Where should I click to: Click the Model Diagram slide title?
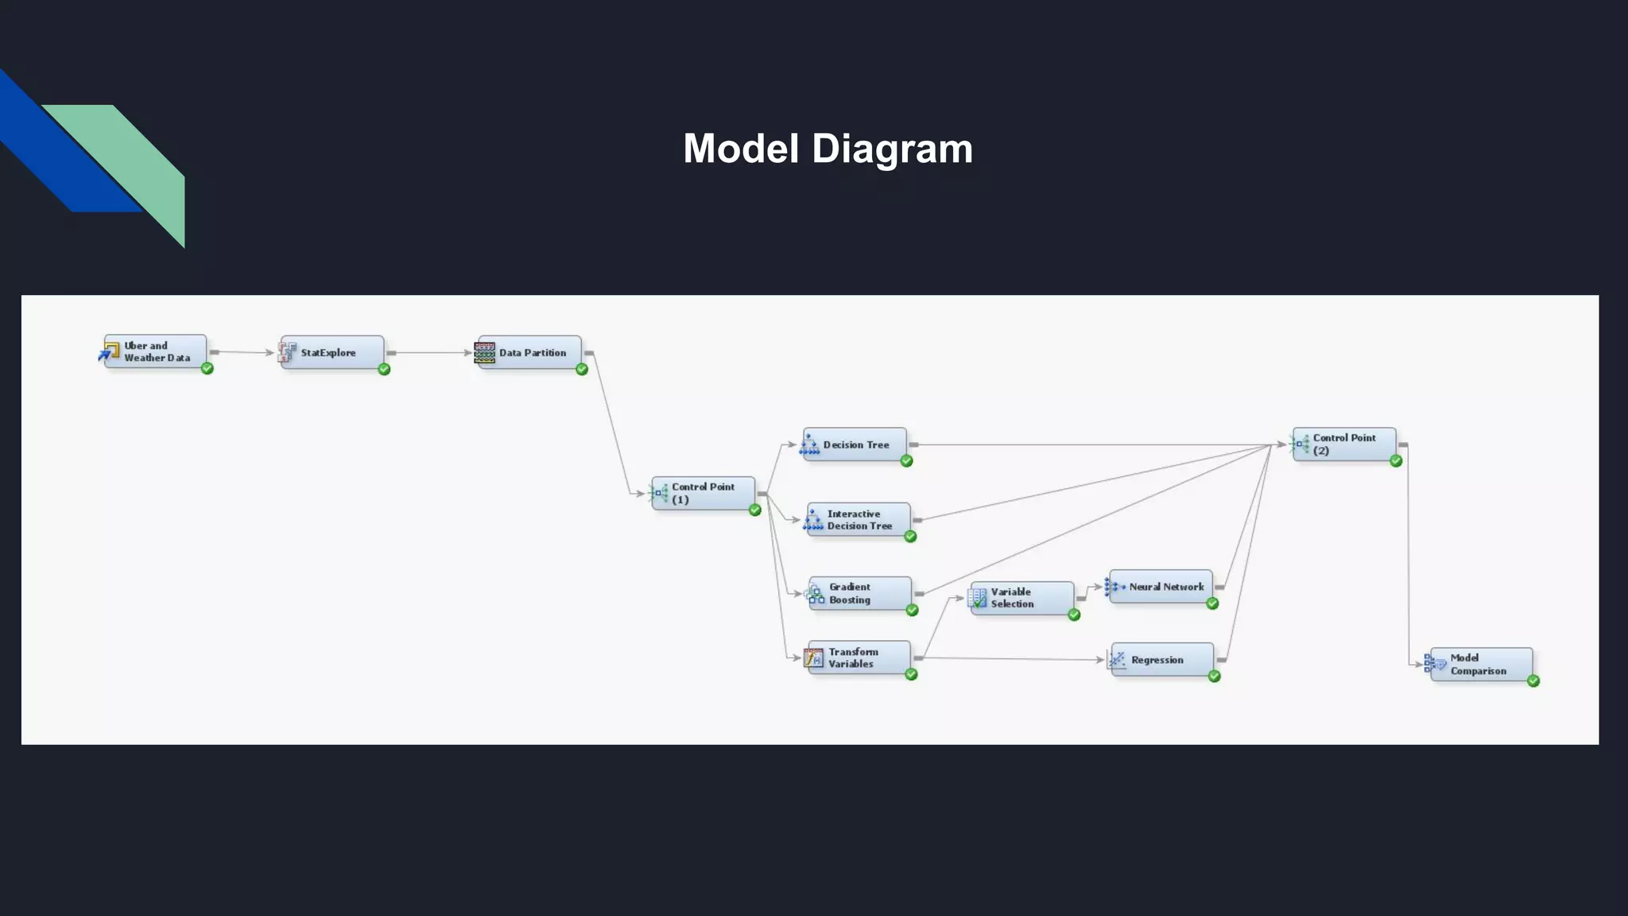pos(828,149)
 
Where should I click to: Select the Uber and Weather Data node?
pos(156,351)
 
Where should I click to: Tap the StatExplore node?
pos(332,352)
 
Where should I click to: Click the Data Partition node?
pos(529,352)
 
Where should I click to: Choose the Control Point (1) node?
pos(703,493)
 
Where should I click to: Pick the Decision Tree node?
pos(855,444)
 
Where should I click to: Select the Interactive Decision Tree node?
pos(859,520)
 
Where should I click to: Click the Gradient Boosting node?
pos(859,593)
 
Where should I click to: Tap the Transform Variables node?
pos(859,658)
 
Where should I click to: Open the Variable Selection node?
pos(1021,598)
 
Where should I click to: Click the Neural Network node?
pos(1161,587)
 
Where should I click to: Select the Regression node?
pos(1162,660)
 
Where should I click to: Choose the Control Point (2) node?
pos(1343,444)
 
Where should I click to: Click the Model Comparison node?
pos(1481,664)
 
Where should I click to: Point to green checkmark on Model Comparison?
pos(1533,681)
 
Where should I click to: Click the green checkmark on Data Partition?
pos(582,369)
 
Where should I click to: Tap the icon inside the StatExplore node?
pos(288,351)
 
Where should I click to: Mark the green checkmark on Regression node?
pos(1214,676)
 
